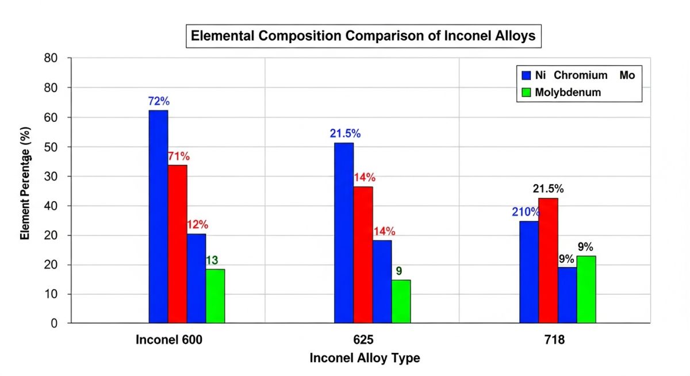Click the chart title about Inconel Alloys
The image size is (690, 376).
tap(363, 36)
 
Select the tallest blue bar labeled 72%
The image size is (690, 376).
tap(158, 216)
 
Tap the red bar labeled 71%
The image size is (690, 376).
tap(177, 244)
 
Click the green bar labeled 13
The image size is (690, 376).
tap(215, 296)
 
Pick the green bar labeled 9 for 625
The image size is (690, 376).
tap(401, 301)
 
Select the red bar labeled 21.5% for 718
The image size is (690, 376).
tap(548, 260)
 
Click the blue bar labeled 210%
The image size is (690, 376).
tap(529, 272)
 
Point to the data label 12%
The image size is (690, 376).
tap(197, 224)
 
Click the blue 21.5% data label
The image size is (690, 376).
tap(345, 133)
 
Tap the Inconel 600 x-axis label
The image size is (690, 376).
tap(169, 340)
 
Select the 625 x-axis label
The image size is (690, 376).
tap(364, 340)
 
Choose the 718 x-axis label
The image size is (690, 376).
tap(554, 340)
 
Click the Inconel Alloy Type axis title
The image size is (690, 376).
tap(365, 358)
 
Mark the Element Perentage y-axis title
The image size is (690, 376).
tap(25, 191)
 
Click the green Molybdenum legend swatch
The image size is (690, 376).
tap(526, 92)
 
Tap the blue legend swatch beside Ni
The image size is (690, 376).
tap(526, 75)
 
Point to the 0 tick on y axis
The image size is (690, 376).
tap(54, 324)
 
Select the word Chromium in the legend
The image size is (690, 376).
tap(581, 75)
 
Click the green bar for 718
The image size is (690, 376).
tap(586, 289)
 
